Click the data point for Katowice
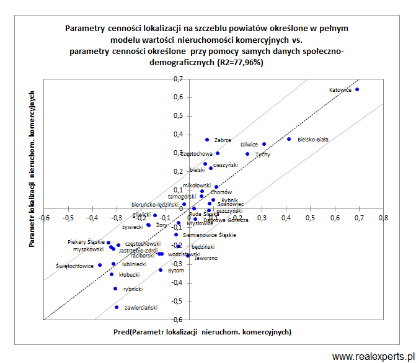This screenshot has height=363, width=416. (357, 89)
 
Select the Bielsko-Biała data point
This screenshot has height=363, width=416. (289, 139)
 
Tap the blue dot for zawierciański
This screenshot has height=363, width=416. (117, 307)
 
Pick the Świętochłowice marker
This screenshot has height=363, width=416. (100, 265)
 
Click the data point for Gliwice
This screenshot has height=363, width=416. (264, 144)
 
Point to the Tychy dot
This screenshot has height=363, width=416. (247, 154)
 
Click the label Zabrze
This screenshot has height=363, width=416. (223, 140)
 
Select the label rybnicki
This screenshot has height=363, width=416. (133, 289)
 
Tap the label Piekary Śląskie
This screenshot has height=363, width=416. (86, 242)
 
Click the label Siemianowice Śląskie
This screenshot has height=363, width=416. (210, 235)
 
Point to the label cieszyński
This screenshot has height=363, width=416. (226, 165)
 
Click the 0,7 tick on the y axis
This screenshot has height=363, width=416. (179, 79)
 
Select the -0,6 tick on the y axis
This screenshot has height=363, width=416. (177, 320)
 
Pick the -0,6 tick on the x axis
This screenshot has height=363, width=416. (45, 218)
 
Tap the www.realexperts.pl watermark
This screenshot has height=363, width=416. (372, 356)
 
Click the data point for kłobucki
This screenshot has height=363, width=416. (112, 274)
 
